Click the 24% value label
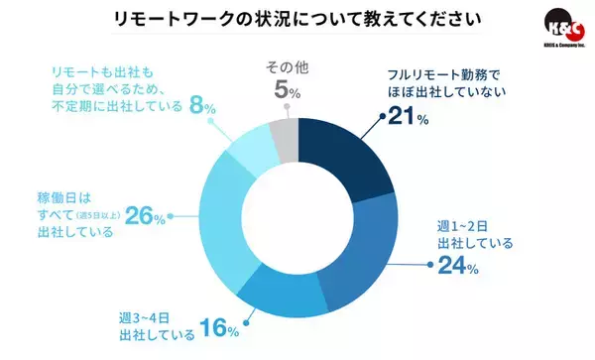click(458, 267)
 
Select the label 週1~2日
click(457, 224)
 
